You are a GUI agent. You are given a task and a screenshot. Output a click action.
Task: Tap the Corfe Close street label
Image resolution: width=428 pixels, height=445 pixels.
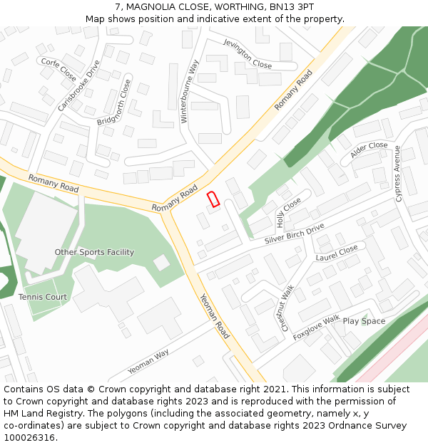[58, 70]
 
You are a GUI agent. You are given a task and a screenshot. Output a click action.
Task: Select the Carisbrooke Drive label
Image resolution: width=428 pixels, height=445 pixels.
[79, 85]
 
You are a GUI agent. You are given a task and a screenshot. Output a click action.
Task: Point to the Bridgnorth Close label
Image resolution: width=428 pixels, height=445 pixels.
[114, 103]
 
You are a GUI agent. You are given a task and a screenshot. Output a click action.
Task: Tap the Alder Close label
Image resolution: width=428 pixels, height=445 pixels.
[369, 149]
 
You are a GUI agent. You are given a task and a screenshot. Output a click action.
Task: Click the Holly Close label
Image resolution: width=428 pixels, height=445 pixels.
[289, 213]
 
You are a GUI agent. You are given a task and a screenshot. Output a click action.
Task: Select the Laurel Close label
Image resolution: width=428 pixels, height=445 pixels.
[337, 253]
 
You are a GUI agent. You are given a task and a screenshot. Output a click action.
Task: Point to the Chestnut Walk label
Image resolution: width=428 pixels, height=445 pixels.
[287, 308]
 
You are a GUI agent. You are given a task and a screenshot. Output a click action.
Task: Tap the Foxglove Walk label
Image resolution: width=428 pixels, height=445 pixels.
[316, 328]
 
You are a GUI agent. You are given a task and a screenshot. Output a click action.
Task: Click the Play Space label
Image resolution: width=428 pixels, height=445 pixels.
[364, 321]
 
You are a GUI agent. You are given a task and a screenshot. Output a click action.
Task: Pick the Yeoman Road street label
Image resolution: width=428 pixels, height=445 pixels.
[214, 316]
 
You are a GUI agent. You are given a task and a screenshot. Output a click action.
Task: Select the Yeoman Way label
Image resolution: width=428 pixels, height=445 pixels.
[148, 362]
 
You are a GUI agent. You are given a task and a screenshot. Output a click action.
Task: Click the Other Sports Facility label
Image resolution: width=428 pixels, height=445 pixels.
[94, 252]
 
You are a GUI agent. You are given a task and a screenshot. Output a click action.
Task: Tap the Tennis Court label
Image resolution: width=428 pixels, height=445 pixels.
[43, 297]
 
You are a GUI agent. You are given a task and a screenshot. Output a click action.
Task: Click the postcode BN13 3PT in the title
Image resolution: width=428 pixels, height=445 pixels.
[292, 7]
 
